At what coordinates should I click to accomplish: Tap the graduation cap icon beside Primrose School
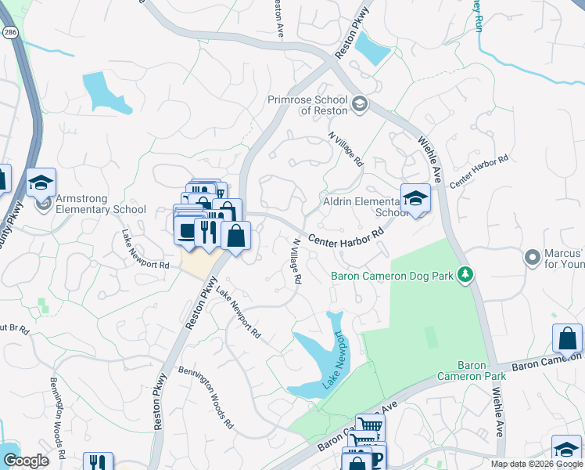click(x=359, y=104)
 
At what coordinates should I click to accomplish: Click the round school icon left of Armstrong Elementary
click(x=43, y=205)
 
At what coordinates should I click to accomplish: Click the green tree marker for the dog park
click(x=465, y=274)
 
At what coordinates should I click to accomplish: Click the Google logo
click(x=26, y=461)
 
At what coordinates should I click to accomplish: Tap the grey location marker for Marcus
click(x=533, y=257)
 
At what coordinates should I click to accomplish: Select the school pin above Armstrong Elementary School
click(x=41, y=183)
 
